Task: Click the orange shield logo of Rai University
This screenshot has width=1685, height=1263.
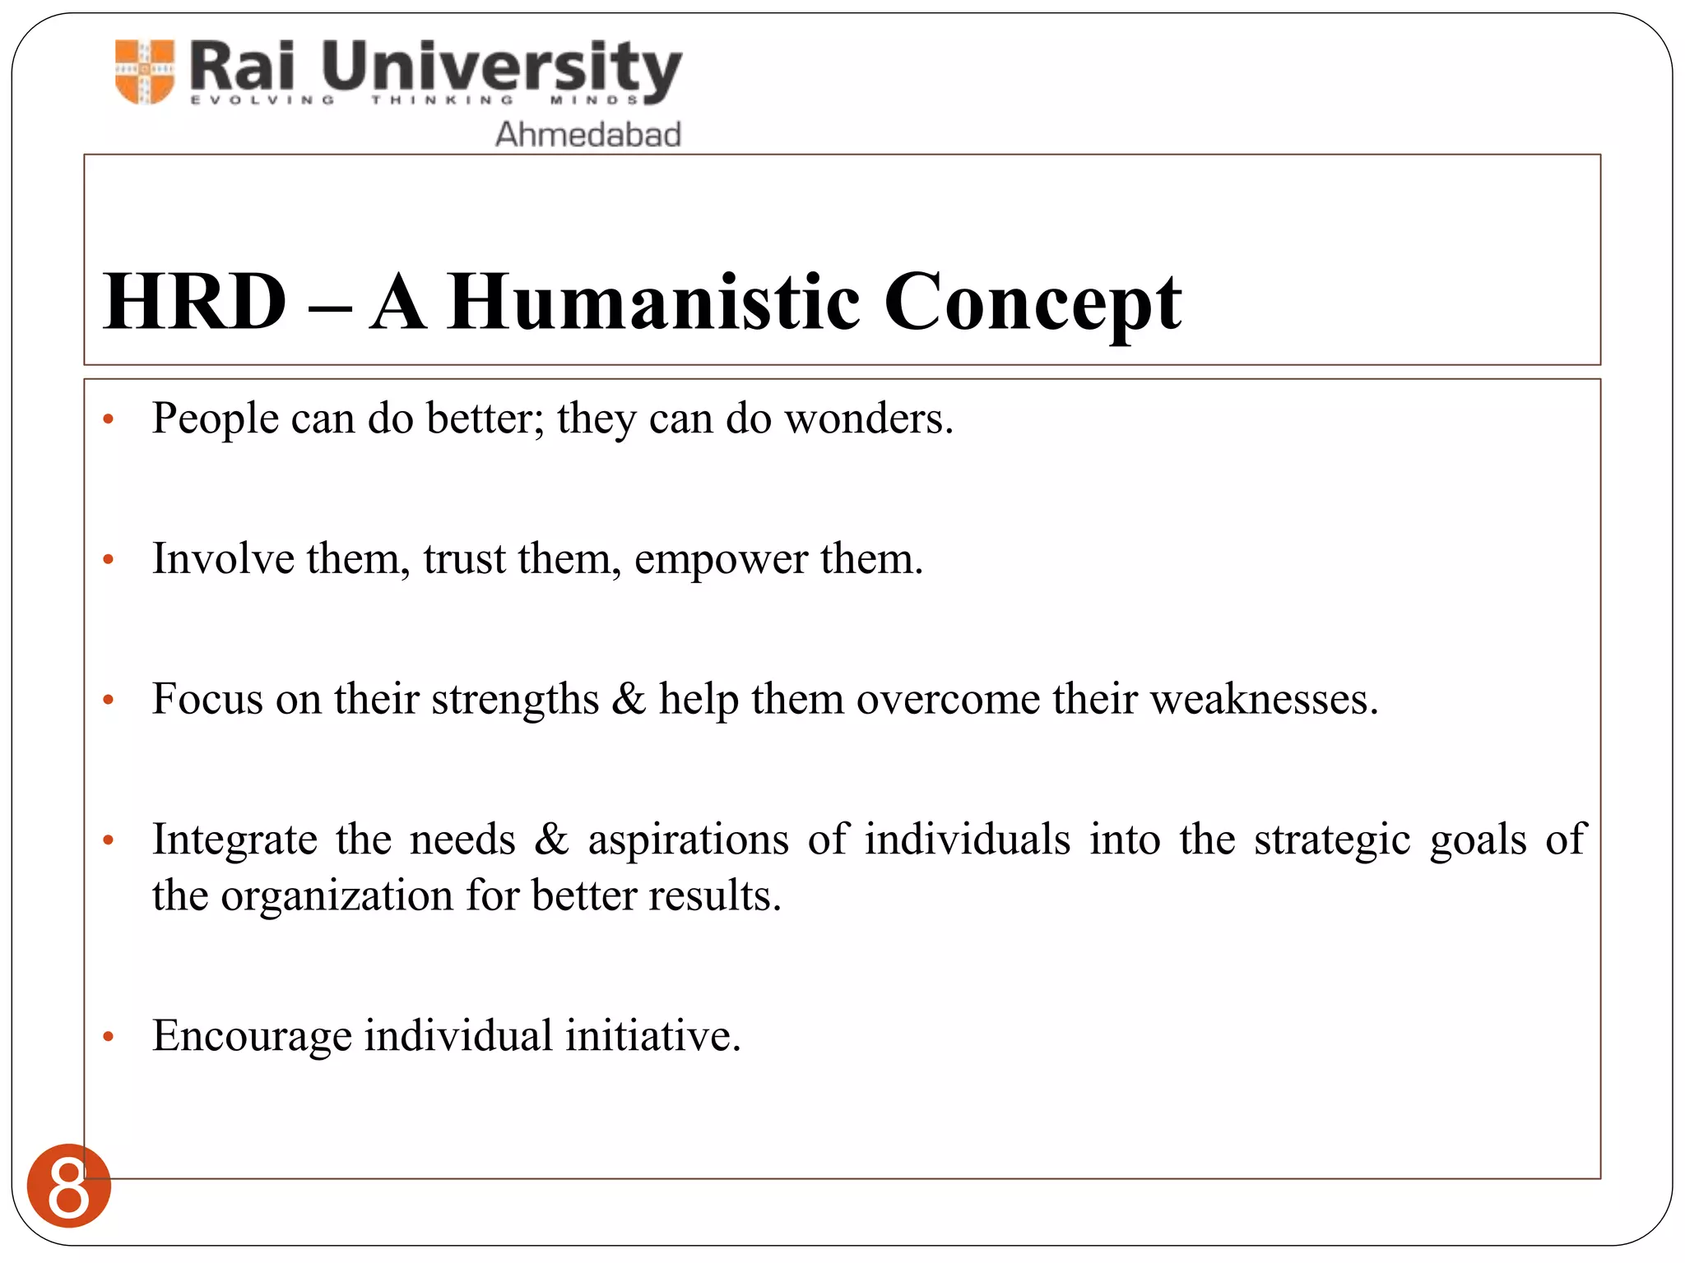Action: coord(145,72)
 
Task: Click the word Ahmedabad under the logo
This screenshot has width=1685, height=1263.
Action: coord(587,134)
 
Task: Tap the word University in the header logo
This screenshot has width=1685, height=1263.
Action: coord(501,67)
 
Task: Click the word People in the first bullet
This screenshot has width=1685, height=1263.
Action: coord(216,419)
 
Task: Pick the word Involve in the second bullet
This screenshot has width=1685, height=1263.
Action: coord(223,558)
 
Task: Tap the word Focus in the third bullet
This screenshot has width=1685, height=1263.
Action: coord(207,699)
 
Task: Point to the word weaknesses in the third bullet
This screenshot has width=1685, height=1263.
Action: coord(1262,699)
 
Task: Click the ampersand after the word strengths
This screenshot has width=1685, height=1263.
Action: coord(629,699)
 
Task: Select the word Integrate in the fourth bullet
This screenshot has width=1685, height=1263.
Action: coord(234,840)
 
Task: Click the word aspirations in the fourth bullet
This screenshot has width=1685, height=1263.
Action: coord(688,840)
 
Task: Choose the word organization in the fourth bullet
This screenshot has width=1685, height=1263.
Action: coord(337,895)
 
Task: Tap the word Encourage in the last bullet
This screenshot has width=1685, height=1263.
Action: coord(252,1036)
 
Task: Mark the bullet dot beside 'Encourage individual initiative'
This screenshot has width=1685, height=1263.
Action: coord(108,1038)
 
